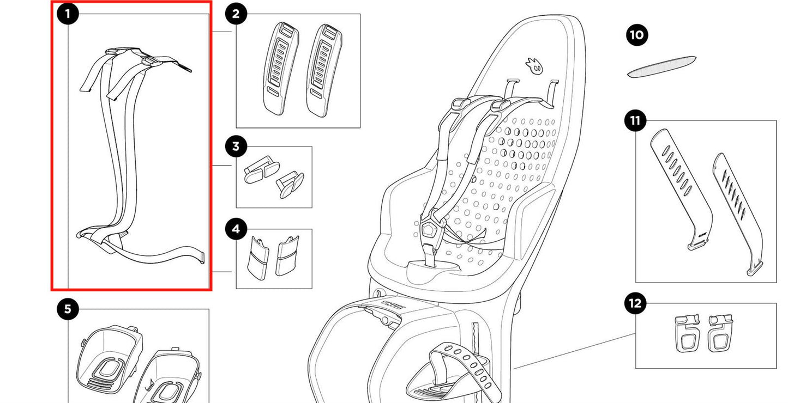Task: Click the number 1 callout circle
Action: pyautogui.click(x=68, y=14)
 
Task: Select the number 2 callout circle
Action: pyautogui.click(x=236, y=14)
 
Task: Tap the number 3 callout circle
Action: pyautogui.click(x=236, y=146)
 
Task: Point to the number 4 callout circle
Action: pyautogui.click(x=236, y=229)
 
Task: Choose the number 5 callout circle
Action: pyautogui.click(x=68, y=309)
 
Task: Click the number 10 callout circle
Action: pyautogui.click(x=636, y=35)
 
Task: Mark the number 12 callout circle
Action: pyautogui.click(x=635, y=303)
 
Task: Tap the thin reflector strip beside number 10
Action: pyautogui.click(x=661, y=66)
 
